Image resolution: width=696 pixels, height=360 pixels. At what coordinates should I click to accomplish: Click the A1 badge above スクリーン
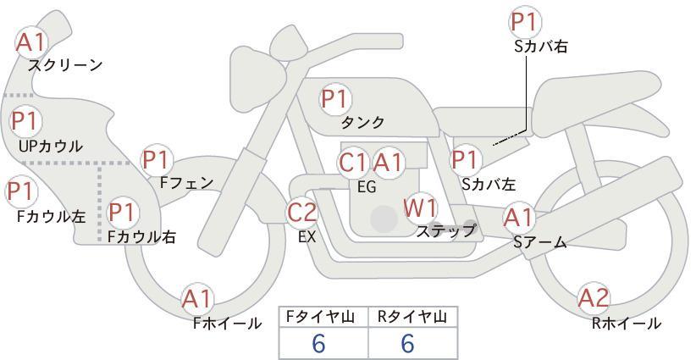point(32,42)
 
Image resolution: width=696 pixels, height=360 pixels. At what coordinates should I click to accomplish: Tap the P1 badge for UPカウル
point(25,122)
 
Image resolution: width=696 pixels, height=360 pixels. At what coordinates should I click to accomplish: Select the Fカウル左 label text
point(52,217)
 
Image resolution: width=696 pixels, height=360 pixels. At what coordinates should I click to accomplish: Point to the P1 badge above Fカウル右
point(123,211)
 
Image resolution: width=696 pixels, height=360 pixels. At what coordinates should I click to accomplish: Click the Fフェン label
point(187,182)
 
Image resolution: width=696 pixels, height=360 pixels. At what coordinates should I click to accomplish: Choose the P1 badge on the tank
point(335,98)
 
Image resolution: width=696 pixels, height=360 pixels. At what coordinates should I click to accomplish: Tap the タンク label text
point(362,123)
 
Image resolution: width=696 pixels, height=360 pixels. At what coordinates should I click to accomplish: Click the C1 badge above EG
point(353,162)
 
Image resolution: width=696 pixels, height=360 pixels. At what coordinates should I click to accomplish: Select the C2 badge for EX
point(302,213)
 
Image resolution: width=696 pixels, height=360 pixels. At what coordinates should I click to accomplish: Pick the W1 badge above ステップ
point(421,208)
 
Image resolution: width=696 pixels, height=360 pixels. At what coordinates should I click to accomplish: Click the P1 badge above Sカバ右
point(525,22)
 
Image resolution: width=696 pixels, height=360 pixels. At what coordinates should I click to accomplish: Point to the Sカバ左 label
point(489,184)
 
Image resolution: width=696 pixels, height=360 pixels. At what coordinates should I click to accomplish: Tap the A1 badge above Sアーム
point(519,218)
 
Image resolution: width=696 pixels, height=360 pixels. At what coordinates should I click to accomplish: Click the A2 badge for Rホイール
point(594,298)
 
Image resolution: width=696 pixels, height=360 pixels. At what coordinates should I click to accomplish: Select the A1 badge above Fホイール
point(198,299)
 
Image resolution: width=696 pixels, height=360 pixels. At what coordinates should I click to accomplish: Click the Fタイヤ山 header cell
point(323,317)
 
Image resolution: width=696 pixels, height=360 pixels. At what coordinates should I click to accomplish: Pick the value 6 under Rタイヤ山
point(408,343)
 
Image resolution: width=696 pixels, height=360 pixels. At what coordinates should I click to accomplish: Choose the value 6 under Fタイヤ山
point(318,343)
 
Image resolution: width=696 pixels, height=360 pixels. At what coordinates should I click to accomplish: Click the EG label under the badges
point(367,187)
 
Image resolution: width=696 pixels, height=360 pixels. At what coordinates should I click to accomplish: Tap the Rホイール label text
point(627,323)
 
